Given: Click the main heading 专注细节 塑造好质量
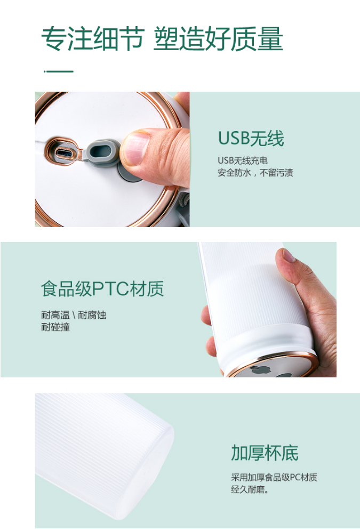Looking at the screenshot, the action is pos(162,38).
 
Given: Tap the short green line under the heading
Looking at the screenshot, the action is pos(59,71).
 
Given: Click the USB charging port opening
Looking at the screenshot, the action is pos(63,153).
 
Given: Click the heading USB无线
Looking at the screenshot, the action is pos(251,138).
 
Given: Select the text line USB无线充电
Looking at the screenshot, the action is pos(243,160).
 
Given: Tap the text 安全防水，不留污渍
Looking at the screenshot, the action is pos(255,173).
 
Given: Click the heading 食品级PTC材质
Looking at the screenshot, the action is pos(102,289).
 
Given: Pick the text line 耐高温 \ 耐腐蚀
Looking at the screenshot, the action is pos(74,315).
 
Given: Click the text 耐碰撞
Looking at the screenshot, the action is pos(55,327).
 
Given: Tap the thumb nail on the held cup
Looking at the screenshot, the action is pos(288,255).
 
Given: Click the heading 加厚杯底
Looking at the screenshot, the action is pos(265,453).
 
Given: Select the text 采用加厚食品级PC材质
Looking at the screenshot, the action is pos(274,478).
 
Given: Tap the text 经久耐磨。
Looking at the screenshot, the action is pos(250,489).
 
